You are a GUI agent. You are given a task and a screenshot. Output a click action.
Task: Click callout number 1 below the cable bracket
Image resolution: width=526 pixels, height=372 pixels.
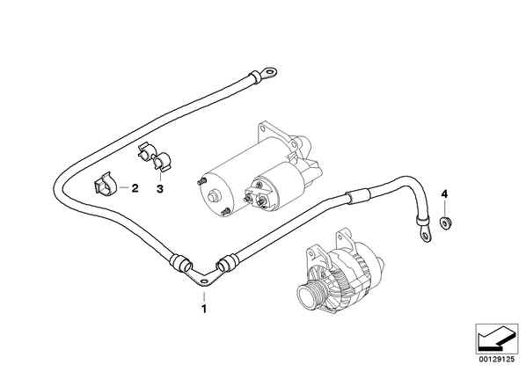click(x=203, y=309)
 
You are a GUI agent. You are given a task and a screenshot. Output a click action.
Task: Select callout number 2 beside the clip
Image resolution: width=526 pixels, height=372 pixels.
click(x=135, y=188)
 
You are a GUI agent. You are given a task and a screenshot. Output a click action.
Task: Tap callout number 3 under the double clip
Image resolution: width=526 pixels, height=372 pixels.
click(x=160, y=189)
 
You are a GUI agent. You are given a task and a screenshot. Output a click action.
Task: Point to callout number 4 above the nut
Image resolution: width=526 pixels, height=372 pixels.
click(x=444, y=193)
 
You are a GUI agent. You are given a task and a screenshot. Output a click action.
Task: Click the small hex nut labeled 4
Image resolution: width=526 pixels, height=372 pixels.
click(x=445, y=223)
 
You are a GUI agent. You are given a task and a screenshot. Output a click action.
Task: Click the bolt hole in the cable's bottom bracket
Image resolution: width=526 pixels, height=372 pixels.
click(x=202, y=281)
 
